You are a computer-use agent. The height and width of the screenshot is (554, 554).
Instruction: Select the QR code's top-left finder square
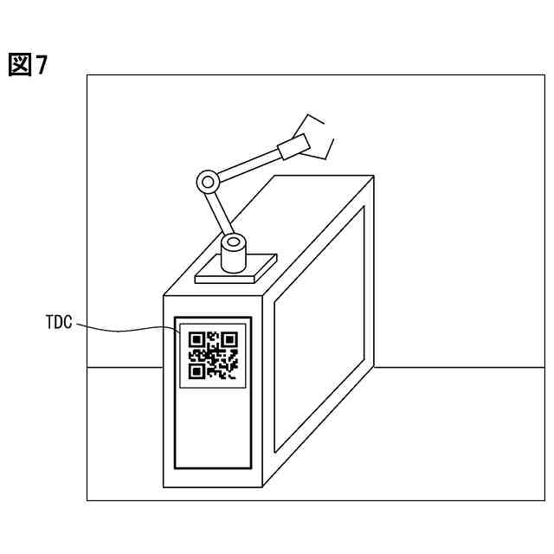pyautogui.click(x=196, y=338)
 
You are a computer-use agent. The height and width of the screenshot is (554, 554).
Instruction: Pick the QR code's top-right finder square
pyautogui.click(x=229, y=338)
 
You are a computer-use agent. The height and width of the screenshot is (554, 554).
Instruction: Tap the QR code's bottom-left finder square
pyautogui.click(x=196, y=371)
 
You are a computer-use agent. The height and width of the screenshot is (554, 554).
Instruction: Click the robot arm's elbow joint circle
pyautogui.click(x=207, y=182)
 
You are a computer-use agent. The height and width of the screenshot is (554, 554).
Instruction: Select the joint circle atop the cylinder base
pyautogui.click(x=232, y=242)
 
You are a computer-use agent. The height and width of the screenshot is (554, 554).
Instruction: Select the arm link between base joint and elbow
pyautogui.click(x=218, y=211)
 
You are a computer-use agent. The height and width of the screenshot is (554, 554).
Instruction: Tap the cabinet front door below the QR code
pyautogui.click(x=212, y=424)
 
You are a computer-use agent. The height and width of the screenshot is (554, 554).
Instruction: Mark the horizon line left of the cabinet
pyautogui.click(x=126, y=368)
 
